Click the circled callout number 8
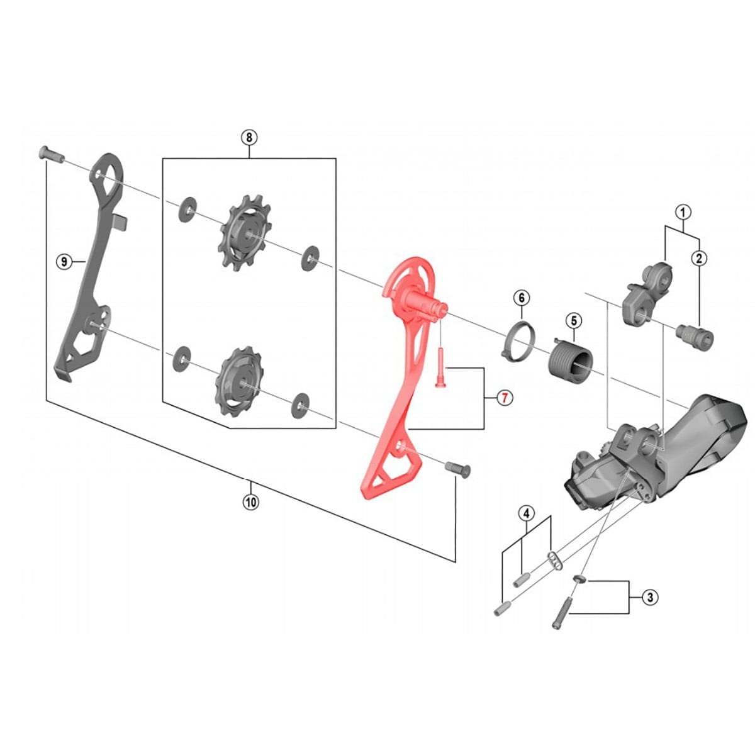[x=249, y=137]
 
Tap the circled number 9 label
[x=64, y=261]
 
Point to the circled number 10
[x=250, y=502]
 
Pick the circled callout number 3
[x=650, y=597]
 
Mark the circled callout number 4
[x=526, y=513]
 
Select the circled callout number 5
[x=573, y=321]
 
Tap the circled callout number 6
[x=521, y=297]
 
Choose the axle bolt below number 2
[x=695, y=335]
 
